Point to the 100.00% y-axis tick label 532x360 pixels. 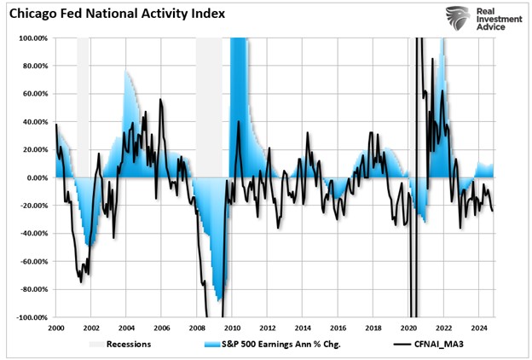click(x=33, y=38)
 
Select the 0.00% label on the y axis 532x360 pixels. click(x=37, y=177)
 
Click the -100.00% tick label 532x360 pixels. click(x=32, y=317)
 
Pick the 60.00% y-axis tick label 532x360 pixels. click(x=35, y=94)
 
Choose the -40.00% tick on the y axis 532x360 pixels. click(x=33, y=234)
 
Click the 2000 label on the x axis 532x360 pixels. click(x=56, y=328)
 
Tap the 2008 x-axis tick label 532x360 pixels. click(x=196, y=328)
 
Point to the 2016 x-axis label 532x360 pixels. click(x=337, y=328)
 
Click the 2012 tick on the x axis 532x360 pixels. click(x=267, y=328)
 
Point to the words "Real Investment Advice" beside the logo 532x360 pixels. click(x=499, y=18)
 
